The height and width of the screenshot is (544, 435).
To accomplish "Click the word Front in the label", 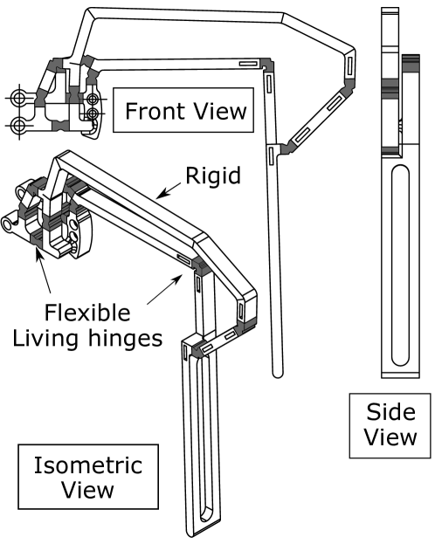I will click(154, 112).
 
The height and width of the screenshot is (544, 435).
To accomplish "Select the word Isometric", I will click(87, 465).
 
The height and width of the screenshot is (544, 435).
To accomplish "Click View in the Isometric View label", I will click(87, 490).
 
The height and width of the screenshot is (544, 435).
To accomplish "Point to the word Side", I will click(390, 412).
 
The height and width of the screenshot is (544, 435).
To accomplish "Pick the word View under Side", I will click(390, 437).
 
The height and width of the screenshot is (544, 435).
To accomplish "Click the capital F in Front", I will click(131, 112).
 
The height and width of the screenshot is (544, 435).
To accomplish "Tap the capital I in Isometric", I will click(37, 465).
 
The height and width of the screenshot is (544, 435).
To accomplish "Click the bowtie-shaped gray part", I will click(59, 126).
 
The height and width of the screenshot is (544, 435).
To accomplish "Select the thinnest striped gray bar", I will click(390, 150).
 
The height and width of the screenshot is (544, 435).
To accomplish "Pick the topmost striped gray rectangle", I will click(411, 63).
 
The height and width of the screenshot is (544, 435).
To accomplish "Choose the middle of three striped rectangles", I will click(390, 88).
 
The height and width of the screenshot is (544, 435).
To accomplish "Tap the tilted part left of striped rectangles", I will click(349, 87).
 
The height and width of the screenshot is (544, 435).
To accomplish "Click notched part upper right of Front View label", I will click(266, 65).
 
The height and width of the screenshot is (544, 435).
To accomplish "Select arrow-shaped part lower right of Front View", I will click(288, 148).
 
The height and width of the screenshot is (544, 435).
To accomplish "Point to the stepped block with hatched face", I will click(201, 266).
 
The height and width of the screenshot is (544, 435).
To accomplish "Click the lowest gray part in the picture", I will click(198, 349).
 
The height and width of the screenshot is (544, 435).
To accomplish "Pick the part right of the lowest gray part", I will click(245, 327).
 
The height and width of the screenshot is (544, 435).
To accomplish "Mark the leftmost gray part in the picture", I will click(25, 210).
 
